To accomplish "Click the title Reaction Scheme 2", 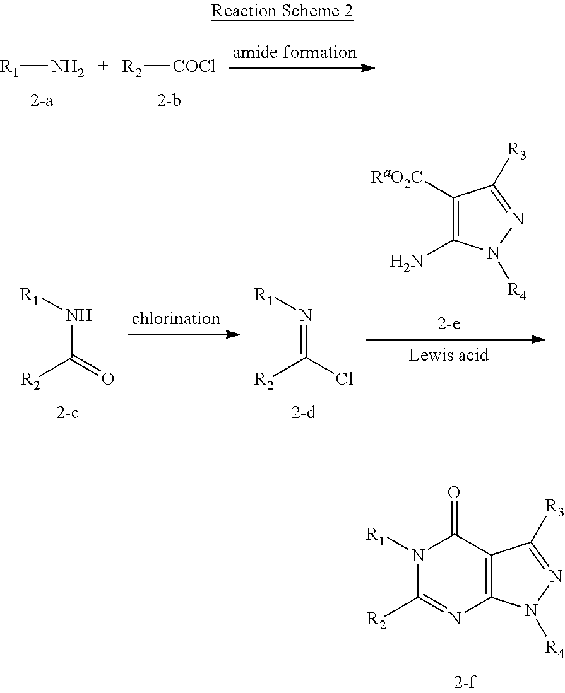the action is pyautogui.click(x=282, y=11).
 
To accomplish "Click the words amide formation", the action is pyautogui.click(x=295, y=52).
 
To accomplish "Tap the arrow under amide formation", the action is pyautogui.click(x=302, y=68).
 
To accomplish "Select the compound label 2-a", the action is pyautogui.click(x=42, y=102).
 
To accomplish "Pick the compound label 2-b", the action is pyautogui.click(x=169, y=102).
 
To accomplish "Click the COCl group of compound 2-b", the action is pyautogui.click(x=194, y=67).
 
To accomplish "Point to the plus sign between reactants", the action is pyautogui.click(x=103, y=66).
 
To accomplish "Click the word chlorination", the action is pyautogui.click(x=175, y=318).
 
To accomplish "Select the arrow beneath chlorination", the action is pyautogui.click(x=184, y=335).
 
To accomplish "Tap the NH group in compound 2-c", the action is pyautogui.click(x=79, y=315).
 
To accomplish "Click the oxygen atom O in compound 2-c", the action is pyautogui.click(x=108, y=379).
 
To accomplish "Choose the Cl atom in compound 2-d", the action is pyautogui.click(x=344, y=379).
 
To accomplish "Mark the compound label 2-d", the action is pyautogui.click(x=304, y=412).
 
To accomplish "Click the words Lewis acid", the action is pyautogui.click(x=449, y=355).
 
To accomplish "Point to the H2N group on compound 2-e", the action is pyautogui.click(x=406, y=262).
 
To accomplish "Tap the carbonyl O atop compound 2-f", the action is pyautogui.click(x=453, y=492).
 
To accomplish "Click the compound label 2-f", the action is pyautogui.click(x=465, y=682).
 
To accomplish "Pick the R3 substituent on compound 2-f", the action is pyautogui.click(x=554, y=507).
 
